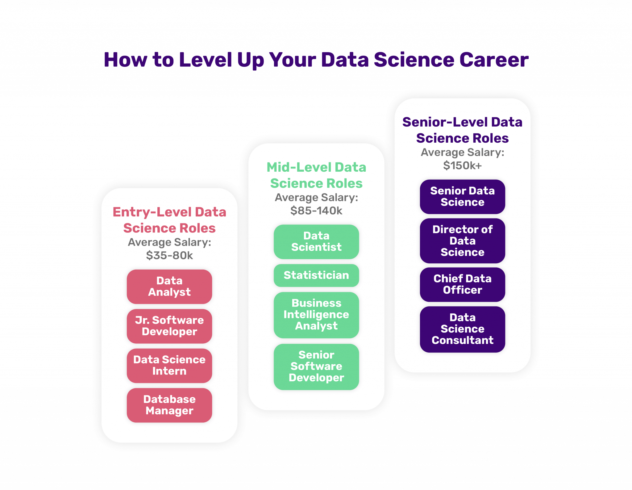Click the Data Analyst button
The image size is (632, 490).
[169, 286]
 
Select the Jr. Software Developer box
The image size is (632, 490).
[169, 326]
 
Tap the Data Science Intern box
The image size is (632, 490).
[169, 365]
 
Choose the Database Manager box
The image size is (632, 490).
[169, 405]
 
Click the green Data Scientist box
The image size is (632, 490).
[316, 241]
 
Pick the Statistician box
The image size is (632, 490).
[316, 275]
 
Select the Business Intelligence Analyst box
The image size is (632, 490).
[316, 315]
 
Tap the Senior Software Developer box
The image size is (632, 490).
[316, 366]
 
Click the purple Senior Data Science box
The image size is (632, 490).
[462, 196]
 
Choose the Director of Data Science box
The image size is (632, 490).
[462, 241]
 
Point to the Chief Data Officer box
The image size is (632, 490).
[462, 284]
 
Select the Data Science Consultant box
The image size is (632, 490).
[462, 329]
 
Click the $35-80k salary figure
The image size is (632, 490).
[169, 256]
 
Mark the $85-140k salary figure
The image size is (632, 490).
[316, 211]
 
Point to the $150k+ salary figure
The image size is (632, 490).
[462, 166]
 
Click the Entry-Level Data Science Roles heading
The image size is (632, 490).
[169, 220]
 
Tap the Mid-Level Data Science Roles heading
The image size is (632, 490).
[316, 175]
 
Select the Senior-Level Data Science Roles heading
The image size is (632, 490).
[462, 130]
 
